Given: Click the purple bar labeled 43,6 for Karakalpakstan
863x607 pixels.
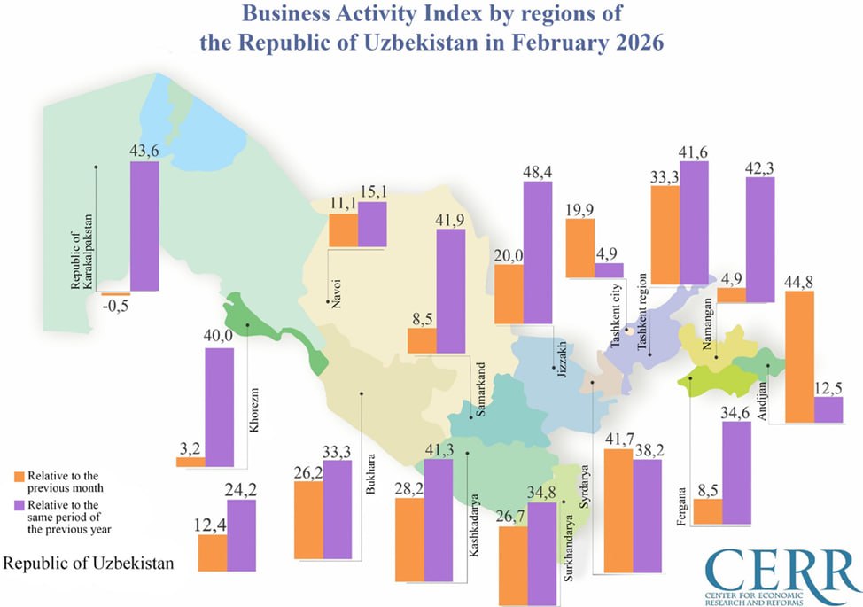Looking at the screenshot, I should pyautogui.click(x=144, y=226).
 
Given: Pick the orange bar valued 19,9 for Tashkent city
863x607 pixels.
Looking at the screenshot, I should pyautogui.click(x=579, y=247).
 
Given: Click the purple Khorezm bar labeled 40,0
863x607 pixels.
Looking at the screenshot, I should pyautogui.click(x=220, y=407).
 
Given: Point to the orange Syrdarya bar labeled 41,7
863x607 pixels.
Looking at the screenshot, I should pyautogui.click(x=617, y=511).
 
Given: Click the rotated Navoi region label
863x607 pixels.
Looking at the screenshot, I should pyautogui.click(x=338, y=290).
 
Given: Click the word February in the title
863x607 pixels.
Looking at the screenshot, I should pyautogui.click(x=504, y=42).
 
